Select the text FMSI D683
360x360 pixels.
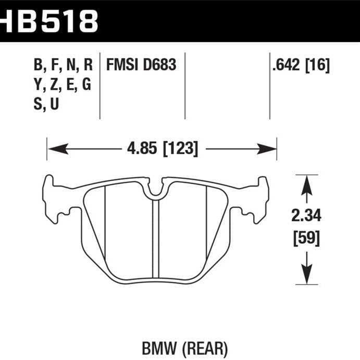[x=141, y=65]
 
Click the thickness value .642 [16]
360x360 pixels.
[x=301, y=65]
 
